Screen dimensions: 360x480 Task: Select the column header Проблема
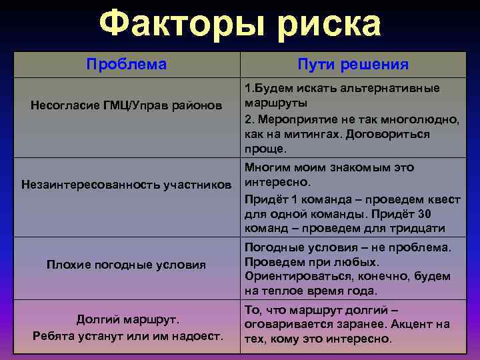click(127, 64)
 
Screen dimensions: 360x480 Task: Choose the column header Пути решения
click(353, 65)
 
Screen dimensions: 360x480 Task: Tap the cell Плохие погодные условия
click(126, 265)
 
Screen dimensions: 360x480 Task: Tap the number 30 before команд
click(424, 213)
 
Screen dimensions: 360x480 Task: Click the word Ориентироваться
click(296, 276)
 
